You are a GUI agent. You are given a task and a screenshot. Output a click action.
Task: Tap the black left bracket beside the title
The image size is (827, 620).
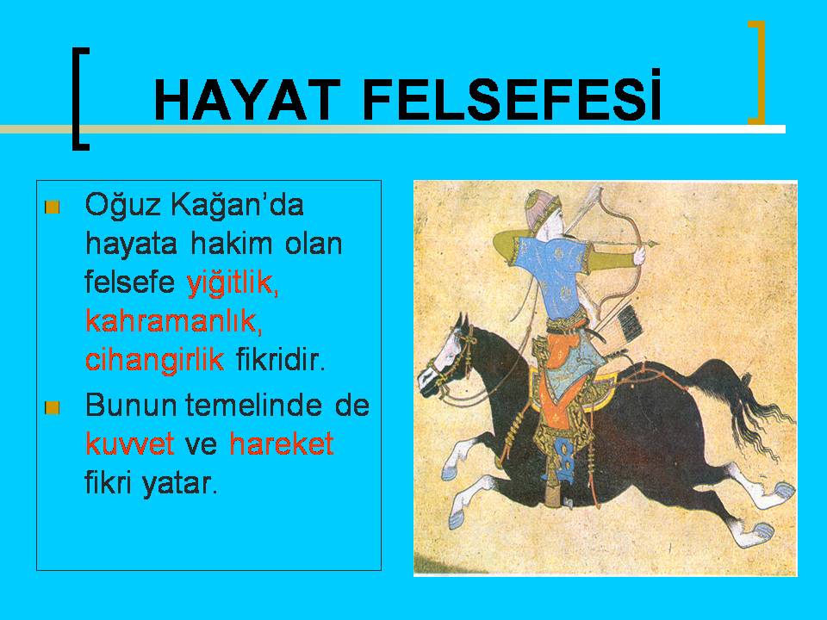(x=79, y=98)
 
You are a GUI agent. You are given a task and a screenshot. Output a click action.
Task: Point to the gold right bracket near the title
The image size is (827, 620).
(x=758, y=72)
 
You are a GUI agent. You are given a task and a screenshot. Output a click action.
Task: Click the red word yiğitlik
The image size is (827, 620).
(x=232, y=283)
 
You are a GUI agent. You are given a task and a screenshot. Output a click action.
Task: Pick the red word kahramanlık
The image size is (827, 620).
(x=173, y=320)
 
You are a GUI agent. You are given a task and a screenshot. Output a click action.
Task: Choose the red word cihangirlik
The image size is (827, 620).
(x=154, y=361)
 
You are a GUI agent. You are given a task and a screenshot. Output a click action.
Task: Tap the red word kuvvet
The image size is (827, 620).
(x=129, y=444)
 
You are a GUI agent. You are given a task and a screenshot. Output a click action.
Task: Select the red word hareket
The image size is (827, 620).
(x=282, y=443)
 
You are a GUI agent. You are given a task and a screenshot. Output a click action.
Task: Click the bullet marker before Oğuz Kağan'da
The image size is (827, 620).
(x=53, y=208)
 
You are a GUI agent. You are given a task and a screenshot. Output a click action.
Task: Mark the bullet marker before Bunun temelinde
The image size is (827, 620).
(x=53, y=407)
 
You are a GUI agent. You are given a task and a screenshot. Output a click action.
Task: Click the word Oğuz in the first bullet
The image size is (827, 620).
(x=121, y=206)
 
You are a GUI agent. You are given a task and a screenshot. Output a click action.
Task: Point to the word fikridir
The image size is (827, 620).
(x=280, y=360)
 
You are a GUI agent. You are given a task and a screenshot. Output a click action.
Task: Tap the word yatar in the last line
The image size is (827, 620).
(x=179, y=483)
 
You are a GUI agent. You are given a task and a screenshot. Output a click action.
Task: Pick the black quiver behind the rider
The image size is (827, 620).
(x=629, y=320)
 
